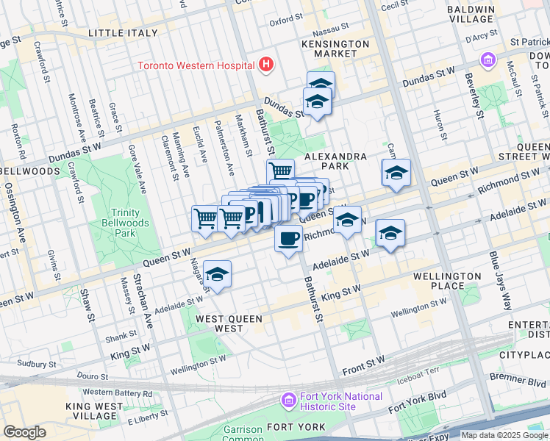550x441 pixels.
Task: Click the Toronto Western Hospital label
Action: coord(196,65)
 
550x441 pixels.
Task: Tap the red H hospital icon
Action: coord(266,65)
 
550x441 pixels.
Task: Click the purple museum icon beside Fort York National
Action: coord(289,401)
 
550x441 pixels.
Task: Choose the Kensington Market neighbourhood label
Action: coord(335,49)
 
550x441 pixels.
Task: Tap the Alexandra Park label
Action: coord(335,162)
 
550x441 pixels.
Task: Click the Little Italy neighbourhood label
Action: coord(123,33)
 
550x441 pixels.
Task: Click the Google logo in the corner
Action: coord(24,432)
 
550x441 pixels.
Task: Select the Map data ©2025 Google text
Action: coord(504,435)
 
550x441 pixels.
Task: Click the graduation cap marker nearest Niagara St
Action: coord(217,275)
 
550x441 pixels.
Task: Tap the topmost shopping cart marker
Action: coord(280,171)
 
